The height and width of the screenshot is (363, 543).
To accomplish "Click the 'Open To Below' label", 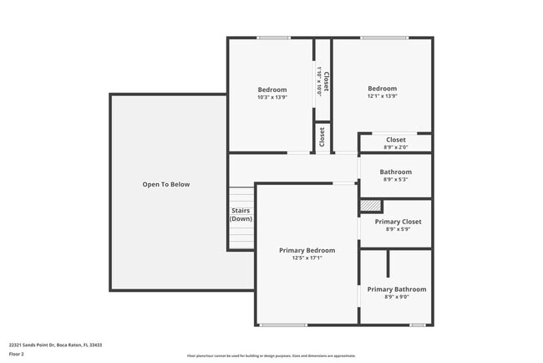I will (x=166, y=184).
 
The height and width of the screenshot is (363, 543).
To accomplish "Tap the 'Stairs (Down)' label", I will (x=241, y=215).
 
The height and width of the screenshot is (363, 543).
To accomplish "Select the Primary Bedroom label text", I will (x=307, y=250).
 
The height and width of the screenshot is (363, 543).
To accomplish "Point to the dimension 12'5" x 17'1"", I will (x=307, y=258).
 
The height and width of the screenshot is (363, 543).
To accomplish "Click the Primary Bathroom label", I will (x=397, y=289).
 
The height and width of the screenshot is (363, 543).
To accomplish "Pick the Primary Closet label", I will (x=398, y=222).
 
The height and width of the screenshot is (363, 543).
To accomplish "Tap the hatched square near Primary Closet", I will (x=370, y=206).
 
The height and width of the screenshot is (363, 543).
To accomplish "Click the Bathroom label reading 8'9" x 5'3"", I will (x=396, y=172).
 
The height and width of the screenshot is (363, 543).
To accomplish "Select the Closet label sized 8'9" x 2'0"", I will (x=395, y=140).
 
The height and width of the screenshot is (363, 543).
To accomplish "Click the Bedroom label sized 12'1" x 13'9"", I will (x=383, y=89).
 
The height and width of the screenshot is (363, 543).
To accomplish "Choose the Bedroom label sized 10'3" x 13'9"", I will (x=271, y=89).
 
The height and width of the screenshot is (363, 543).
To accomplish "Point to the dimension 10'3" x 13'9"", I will (x=271, y=97).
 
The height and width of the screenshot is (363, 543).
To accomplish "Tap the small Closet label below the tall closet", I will (x=322, y=136).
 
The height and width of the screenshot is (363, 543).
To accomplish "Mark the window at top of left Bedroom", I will (x=273, y=38).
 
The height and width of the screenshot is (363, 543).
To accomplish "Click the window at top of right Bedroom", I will (x=384, y=38).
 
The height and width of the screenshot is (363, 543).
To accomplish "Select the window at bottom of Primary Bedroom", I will (x=282, y=325).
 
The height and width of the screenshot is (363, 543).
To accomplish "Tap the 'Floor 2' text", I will (x=17, y=354).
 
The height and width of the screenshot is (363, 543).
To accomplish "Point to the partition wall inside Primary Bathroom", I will (x=388, y=263).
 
